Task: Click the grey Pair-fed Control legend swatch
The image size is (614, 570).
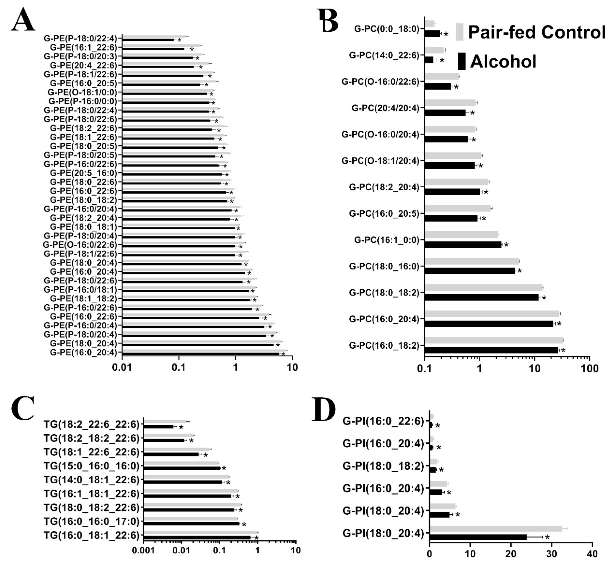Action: pos(460,32)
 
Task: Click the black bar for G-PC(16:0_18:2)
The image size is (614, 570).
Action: pos(491,350)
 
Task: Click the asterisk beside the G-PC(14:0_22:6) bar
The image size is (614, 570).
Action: pos(442,61)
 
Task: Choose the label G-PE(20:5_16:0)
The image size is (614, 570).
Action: pos(83,173)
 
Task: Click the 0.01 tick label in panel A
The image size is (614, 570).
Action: pos(122,368)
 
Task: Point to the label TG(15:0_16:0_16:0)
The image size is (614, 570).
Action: pos(92,466)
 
